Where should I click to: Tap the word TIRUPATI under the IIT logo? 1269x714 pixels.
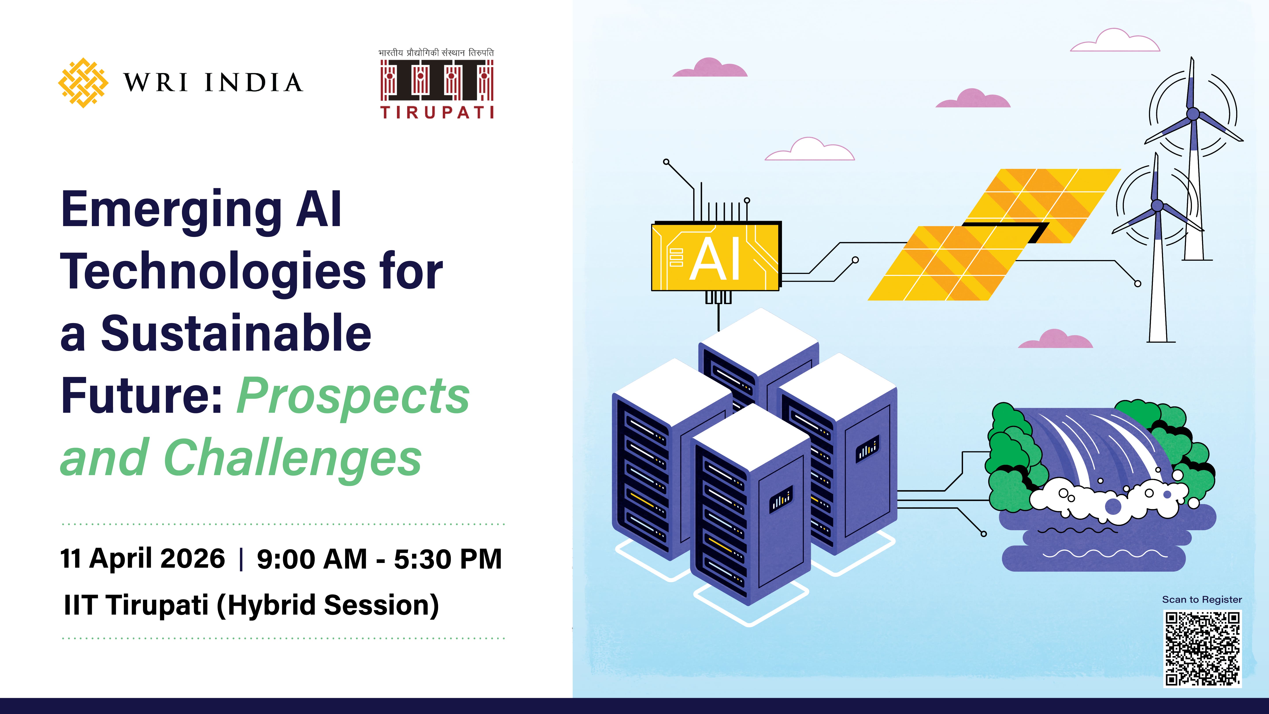click(436, 112)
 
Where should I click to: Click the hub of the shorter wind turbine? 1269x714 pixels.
click(1157, 205)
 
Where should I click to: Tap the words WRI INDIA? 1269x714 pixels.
click(213, 83)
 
